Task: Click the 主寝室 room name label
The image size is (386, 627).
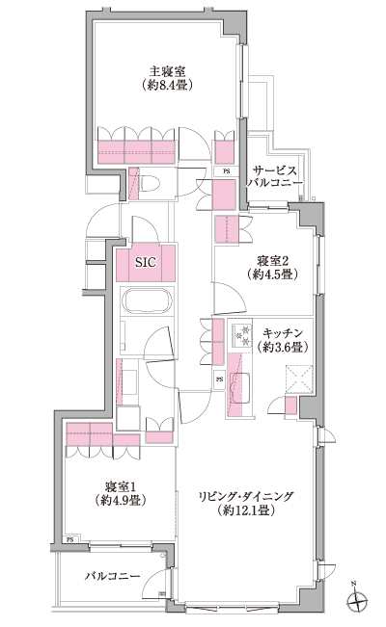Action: [166, 69]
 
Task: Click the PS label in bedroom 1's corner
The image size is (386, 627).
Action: [69, 538]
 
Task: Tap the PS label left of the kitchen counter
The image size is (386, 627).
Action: [220, 379]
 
